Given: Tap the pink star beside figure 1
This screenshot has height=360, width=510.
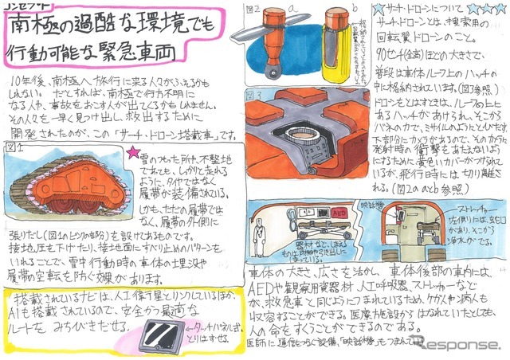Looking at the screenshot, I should (x=132, y=150).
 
